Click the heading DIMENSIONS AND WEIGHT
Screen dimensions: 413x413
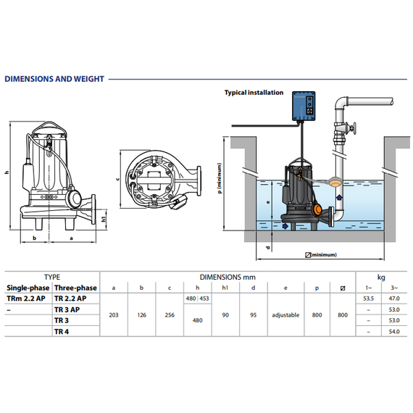point(54,79)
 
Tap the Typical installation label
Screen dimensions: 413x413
point(254,93)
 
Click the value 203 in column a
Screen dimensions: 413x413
point(113,315)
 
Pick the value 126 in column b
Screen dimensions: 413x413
point(142,315)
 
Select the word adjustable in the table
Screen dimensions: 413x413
point(285,315)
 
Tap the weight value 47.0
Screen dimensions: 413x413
point(394,298)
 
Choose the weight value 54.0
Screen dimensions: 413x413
point(394,331)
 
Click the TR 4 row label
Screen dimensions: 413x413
point(62,331)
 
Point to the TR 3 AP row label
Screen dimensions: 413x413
point(67,309)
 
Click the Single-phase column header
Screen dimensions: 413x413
point(27,287)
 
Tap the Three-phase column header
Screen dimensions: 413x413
point(75,287)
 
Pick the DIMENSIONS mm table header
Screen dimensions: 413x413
point(228,276)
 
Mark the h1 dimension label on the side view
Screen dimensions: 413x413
point(103,218)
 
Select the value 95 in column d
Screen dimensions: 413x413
point(252,315)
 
